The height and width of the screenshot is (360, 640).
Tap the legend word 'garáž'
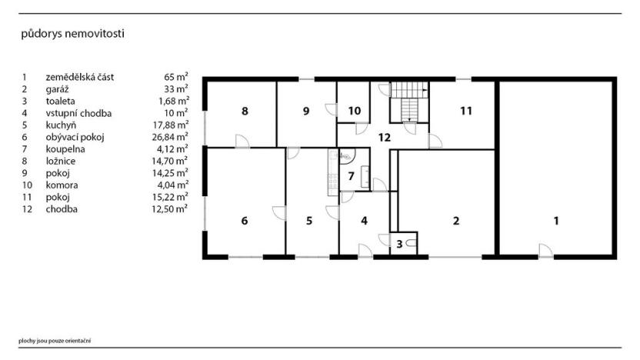click(58, 88)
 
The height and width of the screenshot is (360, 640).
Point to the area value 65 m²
click(176, 77)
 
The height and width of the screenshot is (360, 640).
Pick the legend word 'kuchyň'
click(61, 125)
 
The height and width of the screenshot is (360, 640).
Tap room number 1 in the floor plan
click(556, 221)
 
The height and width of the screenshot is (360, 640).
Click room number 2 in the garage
click(456, 221)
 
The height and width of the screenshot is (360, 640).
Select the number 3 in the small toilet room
click(400, 244)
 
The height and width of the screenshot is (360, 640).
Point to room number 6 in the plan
click(245, 221)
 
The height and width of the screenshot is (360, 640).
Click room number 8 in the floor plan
click(245, 112)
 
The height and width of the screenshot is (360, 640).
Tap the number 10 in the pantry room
click(354, 111)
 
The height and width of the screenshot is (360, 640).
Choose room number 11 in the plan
click(465, 111)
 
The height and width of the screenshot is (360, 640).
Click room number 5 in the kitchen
click(309, 221)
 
